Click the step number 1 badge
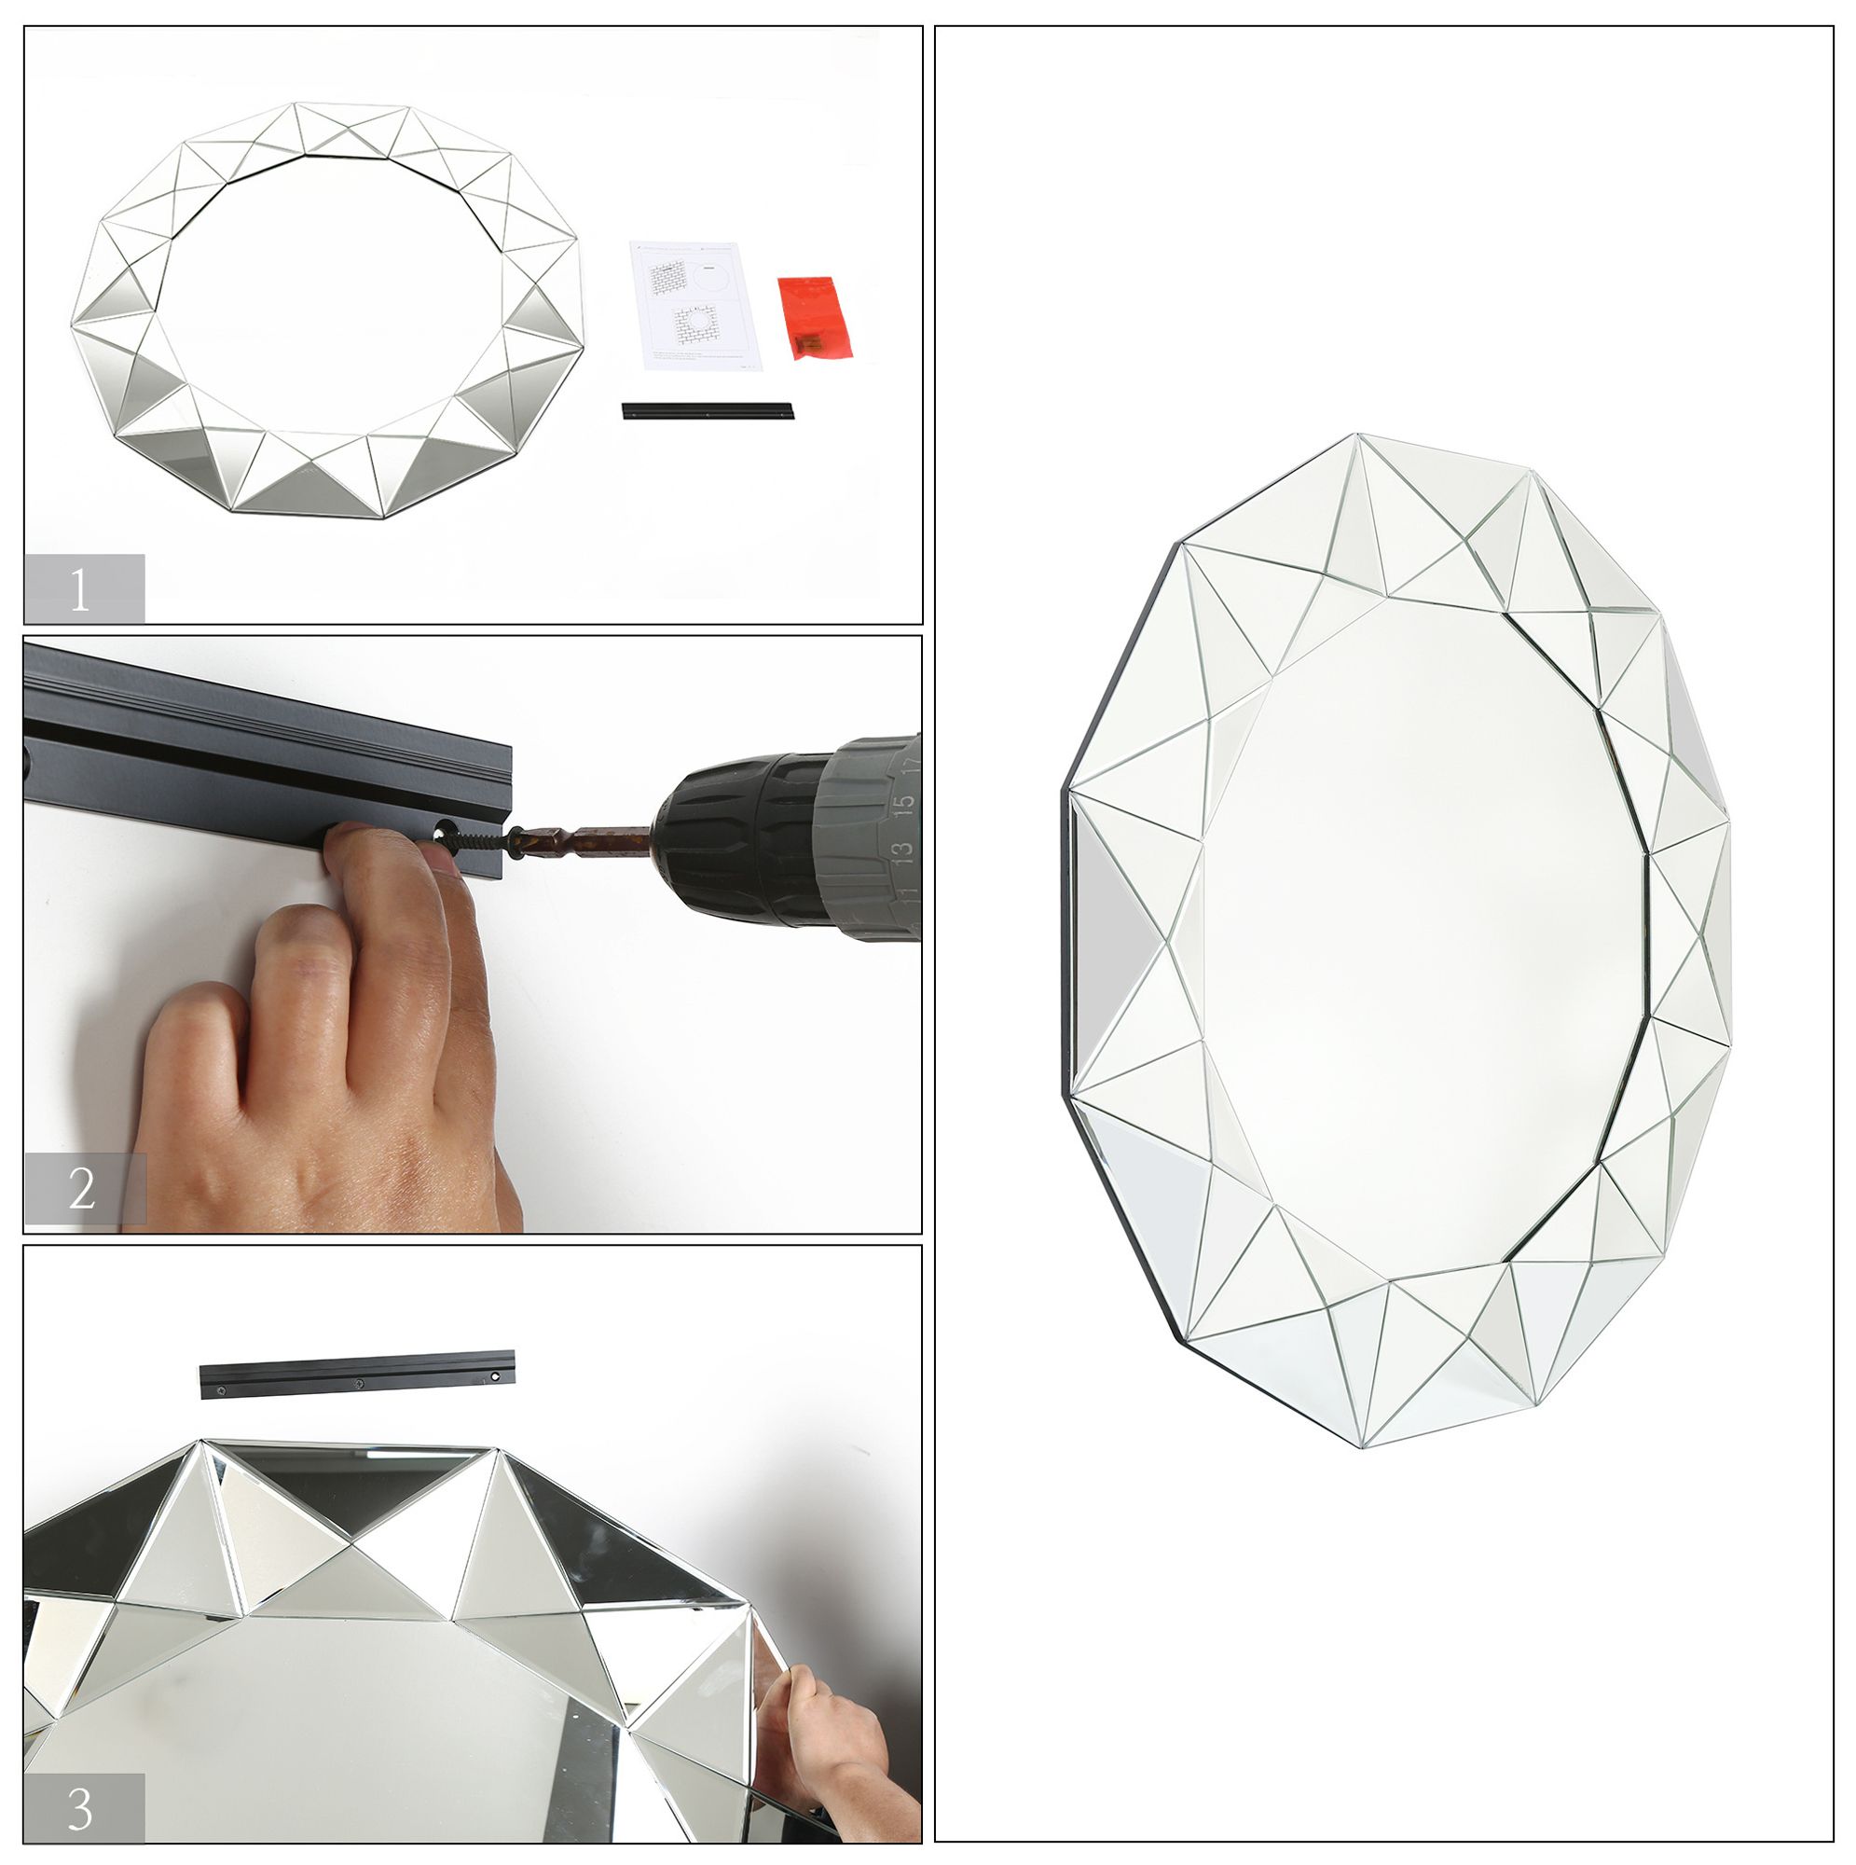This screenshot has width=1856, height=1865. [84, 587]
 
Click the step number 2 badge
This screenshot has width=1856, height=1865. [84, 1189]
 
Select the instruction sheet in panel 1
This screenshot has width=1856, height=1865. [695, 304]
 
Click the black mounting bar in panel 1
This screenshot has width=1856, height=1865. [708, 411]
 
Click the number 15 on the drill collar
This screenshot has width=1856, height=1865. [902, 803]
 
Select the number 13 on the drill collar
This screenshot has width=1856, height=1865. [900, 851]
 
